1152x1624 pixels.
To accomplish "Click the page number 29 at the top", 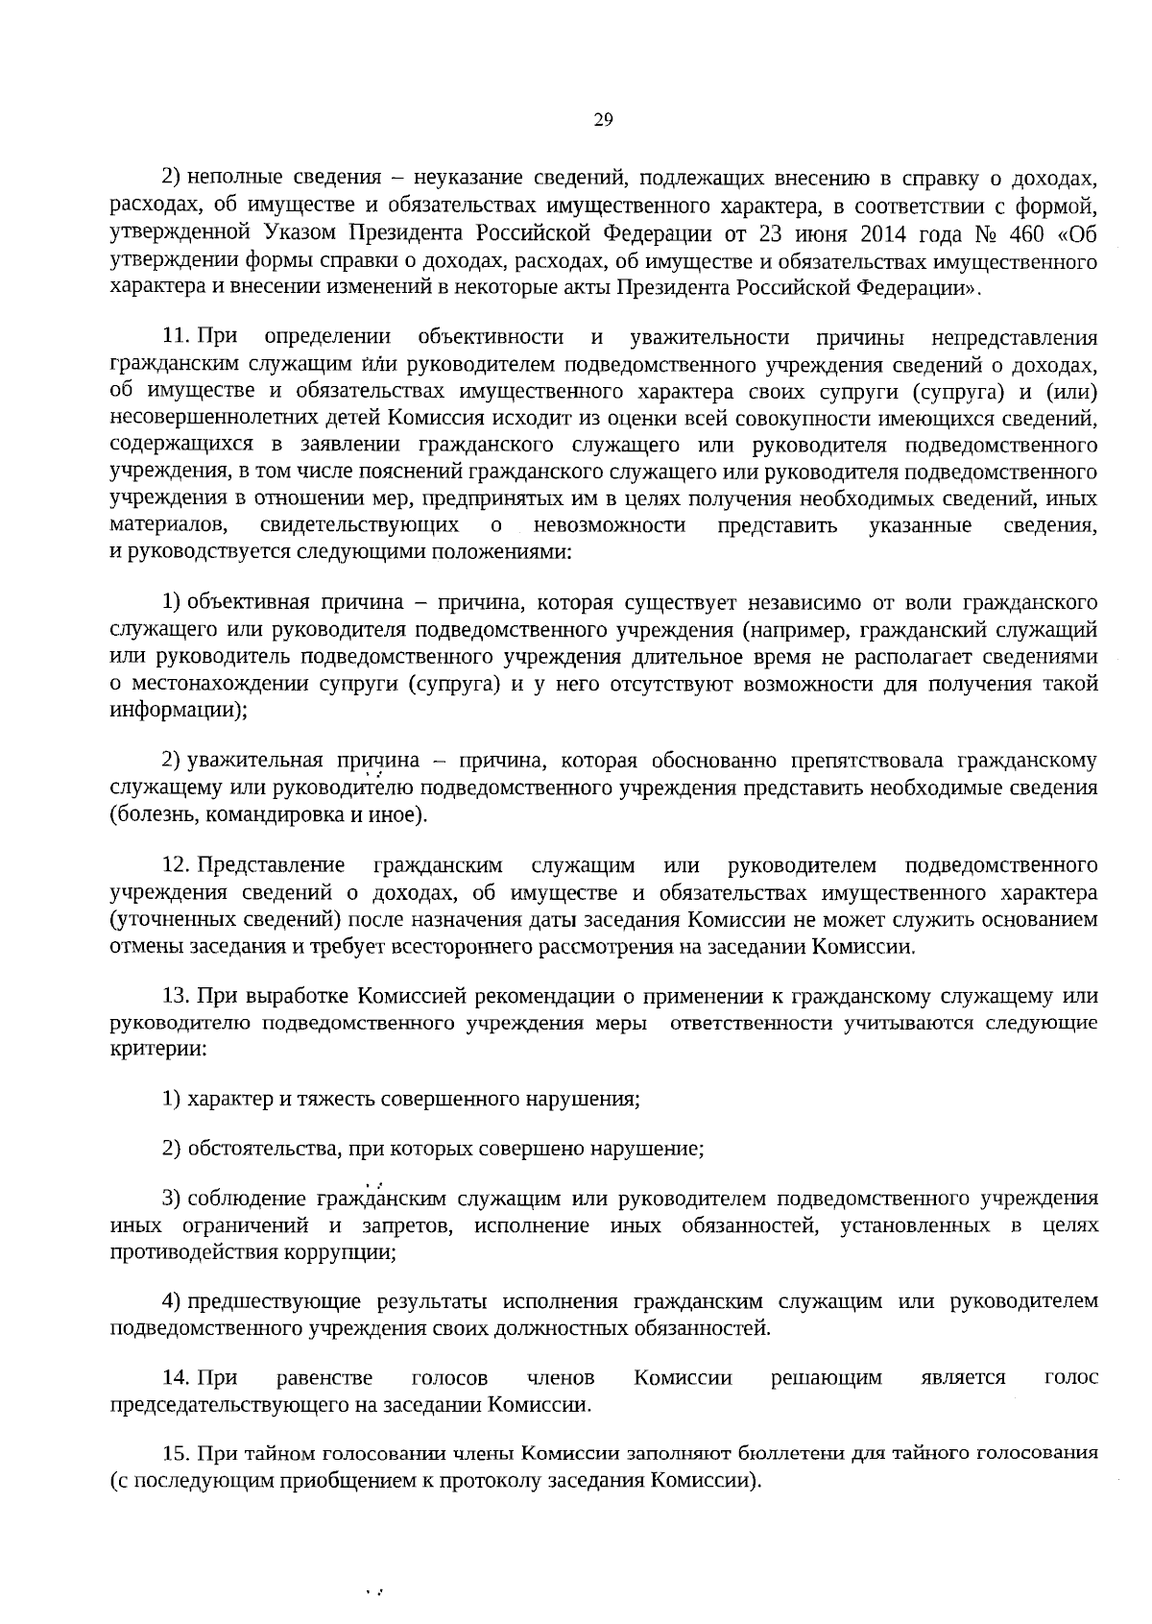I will (603, 120).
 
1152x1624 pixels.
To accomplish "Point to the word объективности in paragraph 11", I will (491, 337).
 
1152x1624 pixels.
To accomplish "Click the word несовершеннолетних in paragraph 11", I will (247, 418).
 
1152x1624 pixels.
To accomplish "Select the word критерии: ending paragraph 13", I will (157, 1049).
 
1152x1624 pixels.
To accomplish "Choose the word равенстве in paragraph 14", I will (324, 1378).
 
